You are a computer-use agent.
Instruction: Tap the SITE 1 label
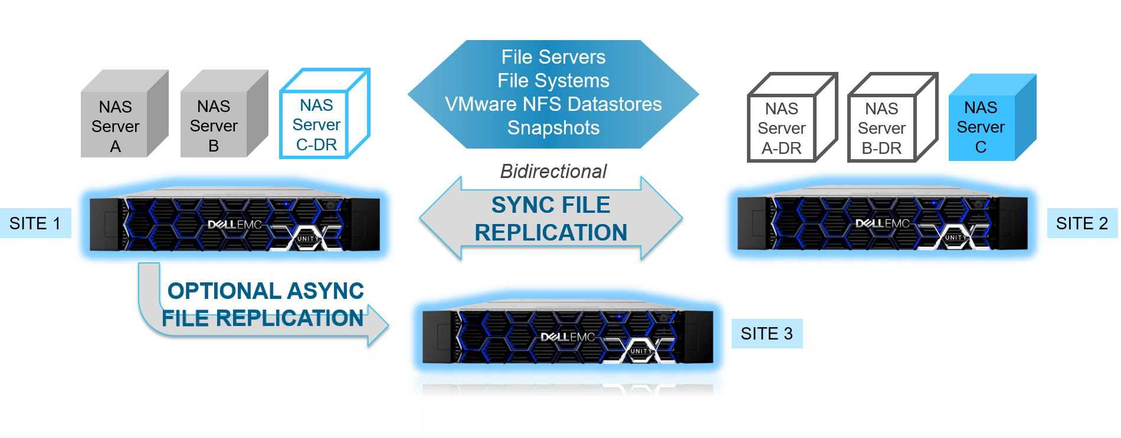pos(35,223)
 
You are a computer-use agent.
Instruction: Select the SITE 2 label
pos(1081,223)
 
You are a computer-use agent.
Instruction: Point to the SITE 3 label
pos(766,334)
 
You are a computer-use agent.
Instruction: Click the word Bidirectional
pos(553,172)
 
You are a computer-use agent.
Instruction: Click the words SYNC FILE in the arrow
pos(550,205)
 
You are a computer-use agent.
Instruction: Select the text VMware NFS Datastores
pos(553,104)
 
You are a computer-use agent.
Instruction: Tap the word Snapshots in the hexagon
pos(553,128)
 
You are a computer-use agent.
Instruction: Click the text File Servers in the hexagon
pos(553,57)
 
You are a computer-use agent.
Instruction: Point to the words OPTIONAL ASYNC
pos(265,291)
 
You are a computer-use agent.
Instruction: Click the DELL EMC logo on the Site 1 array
pos(234,225)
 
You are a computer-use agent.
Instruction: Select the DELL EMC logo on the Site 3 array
pos(567,337)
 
